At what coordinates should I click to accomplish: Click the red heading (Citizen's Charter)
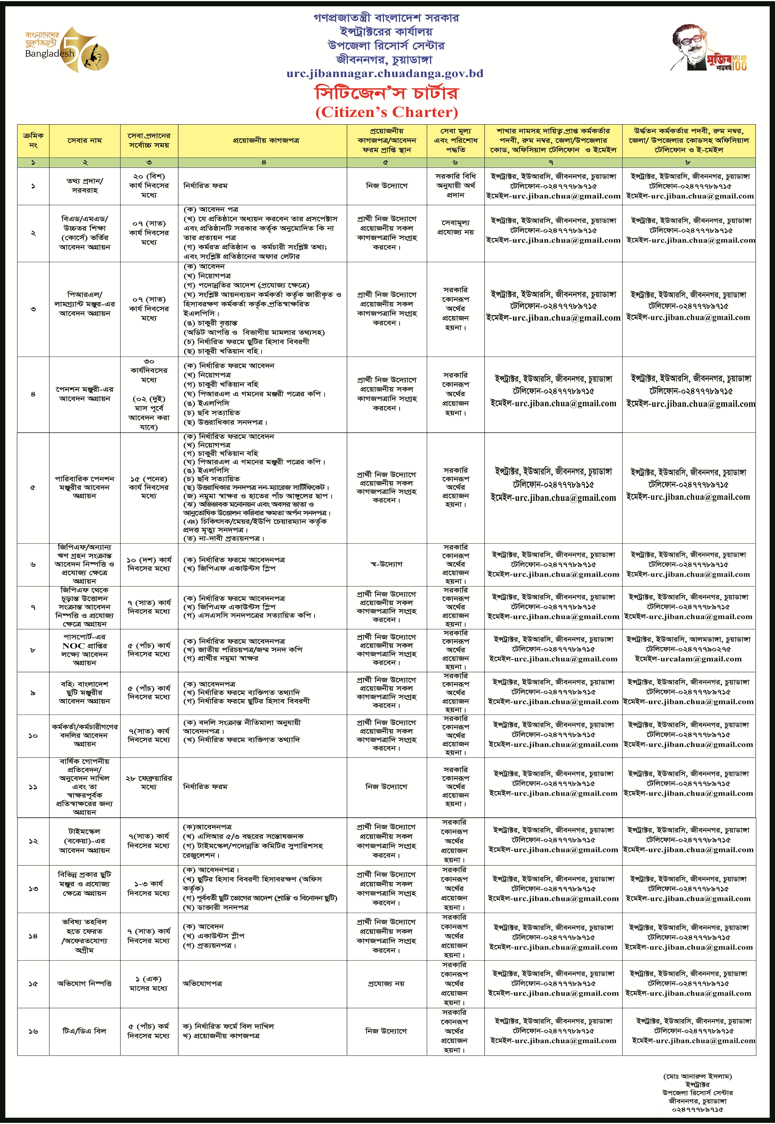(387, 112)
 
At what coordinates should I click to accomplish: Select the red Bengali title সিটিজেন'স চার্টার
(387, 93)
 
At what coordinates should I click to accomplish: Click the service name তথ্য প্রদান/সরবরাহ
(84, 185)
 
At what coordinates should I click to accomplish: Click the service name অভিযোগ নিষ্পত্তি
(84, 984)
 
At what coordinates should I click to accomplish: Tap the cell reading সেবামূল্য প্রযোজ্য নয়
(456, 227)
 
